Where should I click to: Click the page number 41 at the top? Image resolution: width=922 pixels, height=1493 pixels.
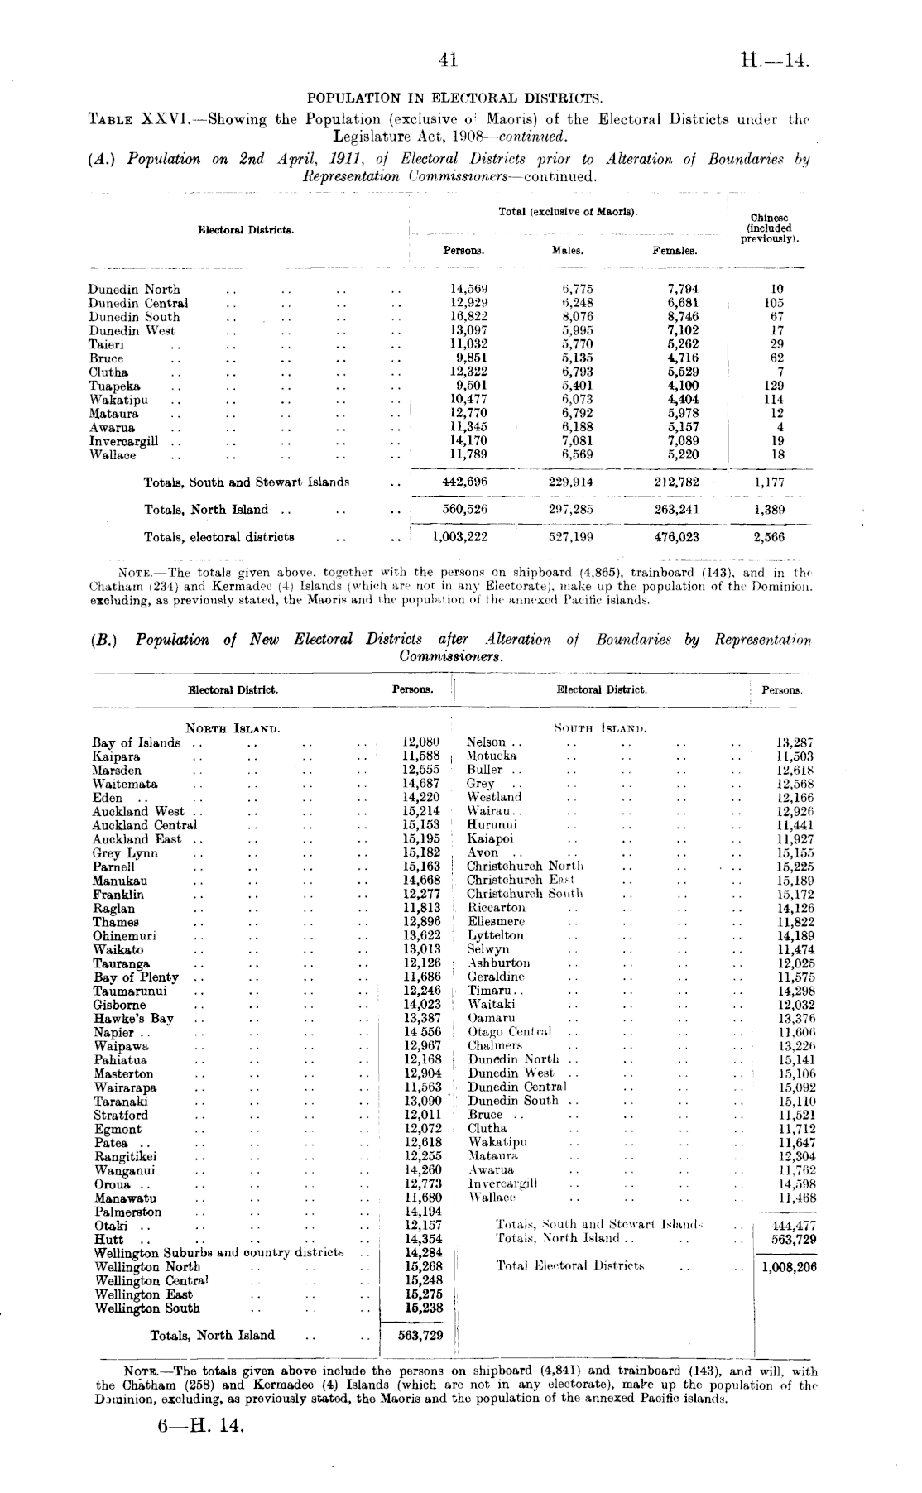449,60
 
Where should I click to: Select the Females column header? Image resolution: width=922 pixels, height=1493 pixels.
675,250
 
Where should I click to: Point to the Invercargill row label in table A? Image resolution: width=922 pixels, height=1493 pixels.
123,441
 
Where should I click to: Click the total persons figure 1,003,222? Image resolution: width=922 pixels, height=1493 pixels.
460,537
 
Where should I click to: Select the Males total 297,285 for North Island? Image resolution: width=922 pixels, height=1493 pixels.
571,510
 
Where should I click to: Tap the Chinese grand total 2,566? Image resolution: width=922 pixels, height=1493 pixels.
769,537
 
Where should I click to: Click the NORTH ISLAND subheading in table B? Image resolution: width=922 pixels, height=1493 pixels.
233,728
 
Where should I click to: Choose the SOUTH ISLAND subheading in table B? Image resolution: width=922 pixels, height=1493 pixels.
599,728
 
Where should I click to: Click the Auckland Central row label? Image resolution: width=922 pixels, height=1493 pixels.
145,825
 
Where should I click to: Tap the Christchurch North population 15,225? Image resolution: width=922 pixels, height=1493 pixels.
795,867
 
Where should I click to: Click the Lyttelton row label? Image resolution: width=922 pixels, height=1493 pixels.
496,935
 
